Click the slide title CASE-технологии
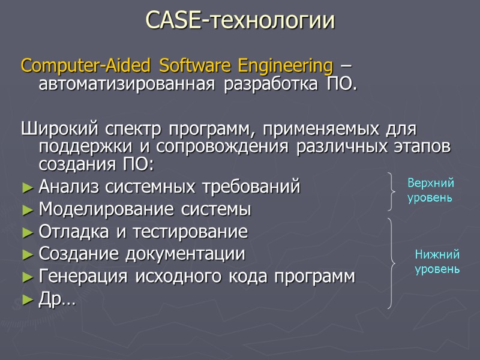click(240, 21)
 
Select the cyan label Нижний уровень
click(437, 262)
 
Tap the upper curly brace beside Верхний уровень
click(392, 191)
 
